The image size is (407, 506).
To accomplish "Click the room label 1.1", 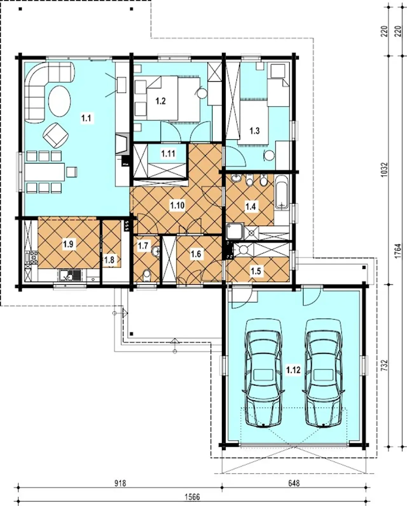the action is (86, 118).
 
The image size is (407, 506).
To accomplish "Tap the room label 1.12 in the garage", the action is (293, 370).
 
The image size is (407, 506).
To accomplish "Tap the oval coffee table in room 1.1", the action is (59, 101).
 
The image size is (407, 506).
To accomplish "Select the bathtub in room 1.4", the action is (282, 192).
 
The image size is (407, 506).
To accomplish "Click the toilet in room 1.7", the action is (147, 275).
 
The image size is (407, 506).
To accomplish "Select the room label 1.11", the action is (168, 153).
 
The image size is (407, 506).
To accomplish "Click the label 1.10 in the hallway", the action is (177, 205).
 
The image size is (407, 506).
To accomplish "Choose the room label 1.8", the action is (109, 260).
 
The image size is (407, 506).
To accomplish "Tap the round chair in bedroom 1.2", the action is (201, 93).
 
